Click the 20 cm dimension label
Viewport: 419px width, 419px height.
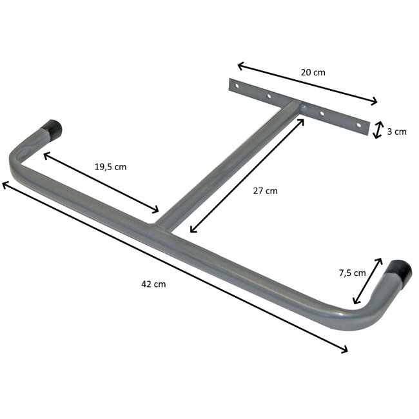[313, 72]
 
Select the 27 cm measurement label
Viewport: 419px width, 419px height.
[264, 191]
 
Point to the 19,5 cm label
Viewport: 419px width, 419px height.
[110, 166]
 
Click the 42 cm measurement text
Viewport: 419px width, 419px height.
[151, 284]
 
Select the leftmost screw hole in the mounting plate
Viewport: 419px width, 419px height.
[237, 85]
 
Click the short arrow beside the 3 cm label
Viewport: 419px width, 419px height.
[378, 129]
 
